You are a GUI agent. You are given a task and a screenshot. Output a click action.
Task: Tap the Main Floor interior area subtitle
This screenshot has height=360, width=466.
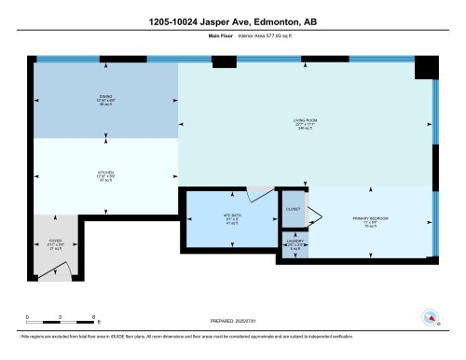click(232, 37)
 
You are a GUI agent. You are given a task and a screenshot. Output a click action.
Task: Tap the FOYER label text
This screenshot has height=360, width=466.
click(55, 244)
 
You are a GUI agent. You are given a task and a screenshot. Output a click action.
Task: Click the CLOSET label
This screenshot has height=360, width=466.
click(294, 210)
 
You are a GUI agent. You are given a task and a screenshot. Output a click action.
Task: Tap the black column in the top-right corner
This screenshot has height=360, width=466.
click(426, 67)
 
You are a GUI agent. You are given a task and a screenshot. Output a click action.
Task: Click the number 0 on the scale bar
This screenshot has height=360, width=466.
click(28, 319)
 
